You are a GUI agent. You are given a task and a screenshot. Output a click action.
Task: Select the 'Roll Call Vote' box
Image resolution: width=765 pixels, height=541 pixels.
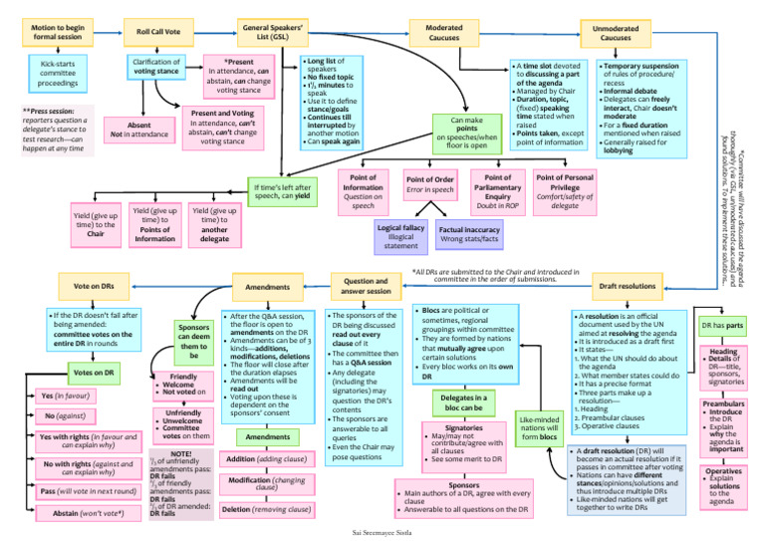click(158, 32)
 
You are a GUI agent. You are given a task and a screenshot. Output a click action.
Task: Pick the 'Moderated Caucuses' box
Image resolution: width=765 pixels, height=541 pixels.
click(443, 32)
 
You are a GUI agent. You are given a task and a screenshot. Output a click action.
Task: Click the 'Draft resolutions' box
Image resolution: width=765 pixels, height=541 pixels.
click(627, 286)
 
